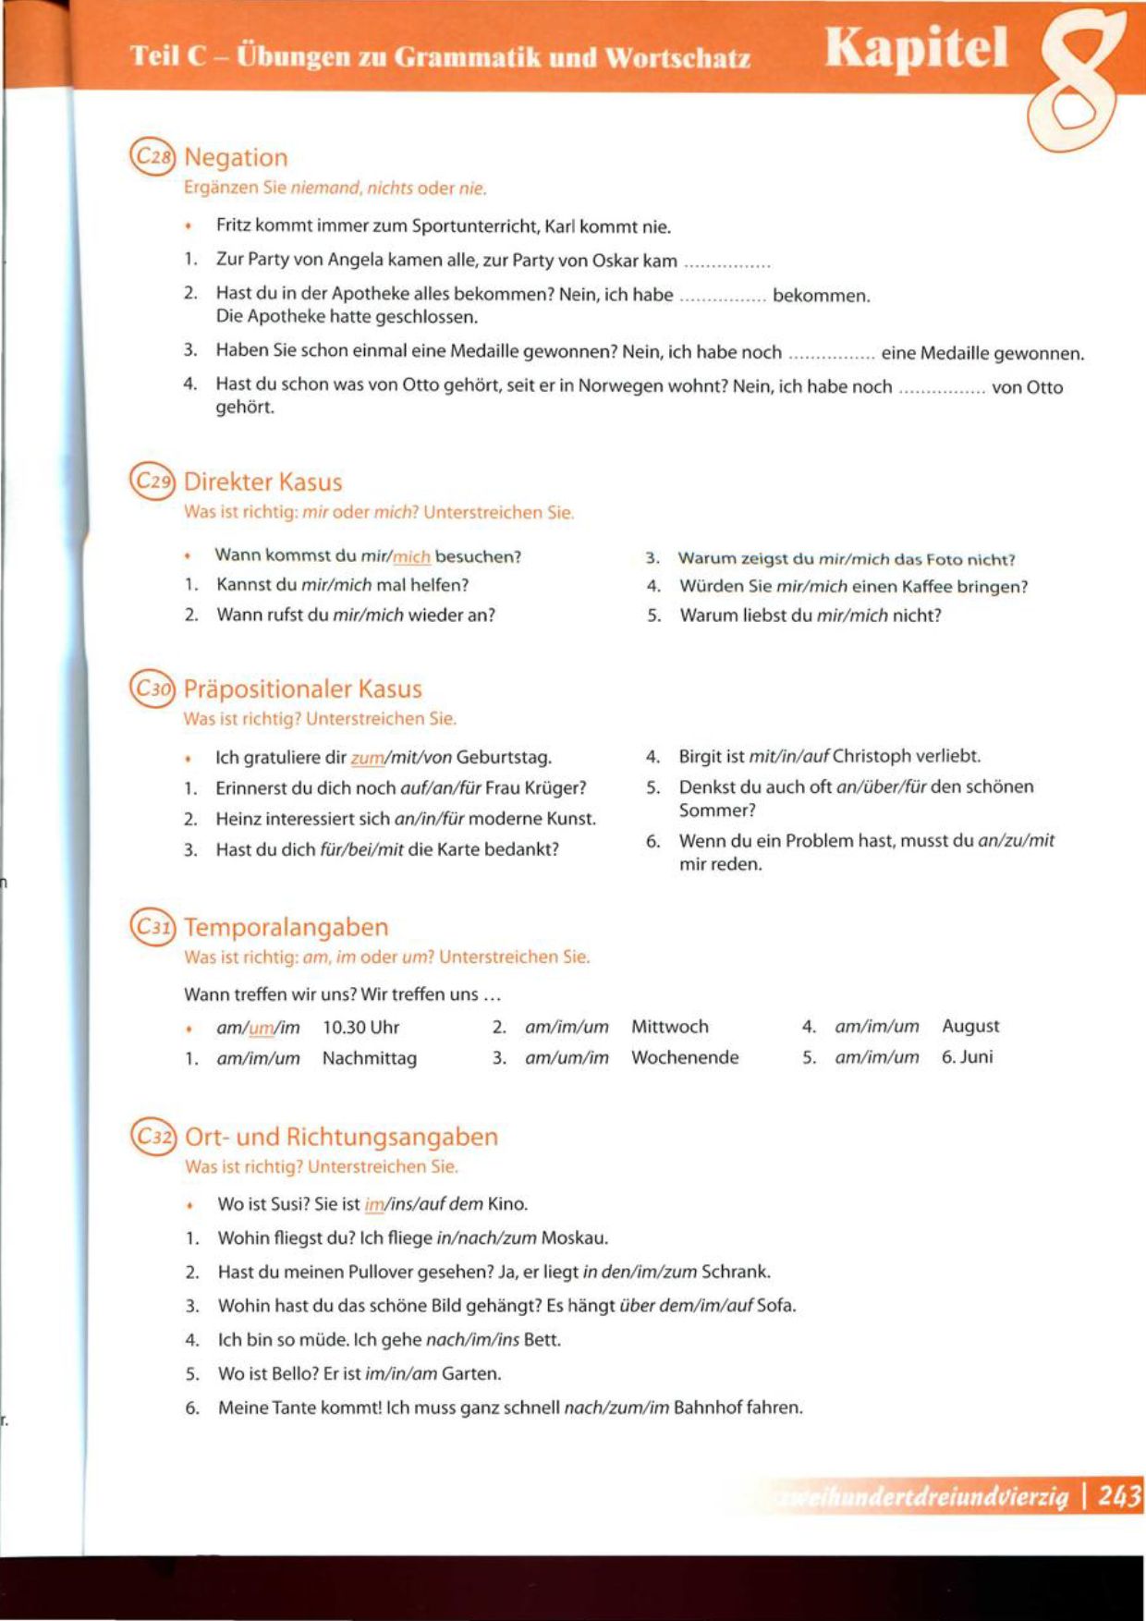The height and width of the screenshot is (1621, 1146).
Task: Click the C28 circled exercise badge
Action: [x=152, y=157]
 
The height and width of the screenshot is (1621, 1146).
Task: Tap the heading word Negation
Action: [x=236, y=157]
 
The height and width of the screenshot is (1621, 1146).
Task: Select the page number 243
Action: [x=1119, y=1495]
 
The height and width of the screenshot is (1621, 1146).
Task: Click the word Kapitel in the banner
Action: [x=916, y=49]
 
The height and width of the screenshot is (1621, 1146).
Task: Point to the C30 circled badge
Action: [x=152, y=689]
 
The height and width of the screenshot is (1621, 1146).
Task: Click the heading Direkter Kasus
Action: [x=263, y=481]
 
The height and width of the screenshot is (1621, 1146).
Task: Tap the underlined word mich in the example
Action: [x=411, y=557]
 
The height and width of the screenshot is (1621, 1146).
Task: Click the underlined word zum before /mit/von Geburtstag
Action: [x=367, y=758]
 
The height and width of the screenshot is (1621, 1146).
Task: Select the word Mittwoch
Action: [x=670, y=1027]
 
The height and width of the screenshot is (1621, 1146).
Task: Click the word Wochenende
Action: [x=685, y=1057]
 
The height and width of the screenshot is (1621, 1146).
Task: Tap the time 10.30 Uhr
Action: [x=360, y=1028]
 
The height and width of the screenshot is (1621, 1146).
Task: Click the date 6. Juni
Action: [x=967, y=1056]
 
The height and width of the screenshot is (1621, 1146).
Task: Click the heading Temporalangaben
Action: [x=286, y=927]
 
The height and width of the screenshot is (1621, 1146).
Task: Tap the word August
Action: [x=970, y=1026]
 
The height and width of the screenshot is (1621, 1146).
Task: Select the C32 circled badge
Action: [x=153, y=1136]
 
